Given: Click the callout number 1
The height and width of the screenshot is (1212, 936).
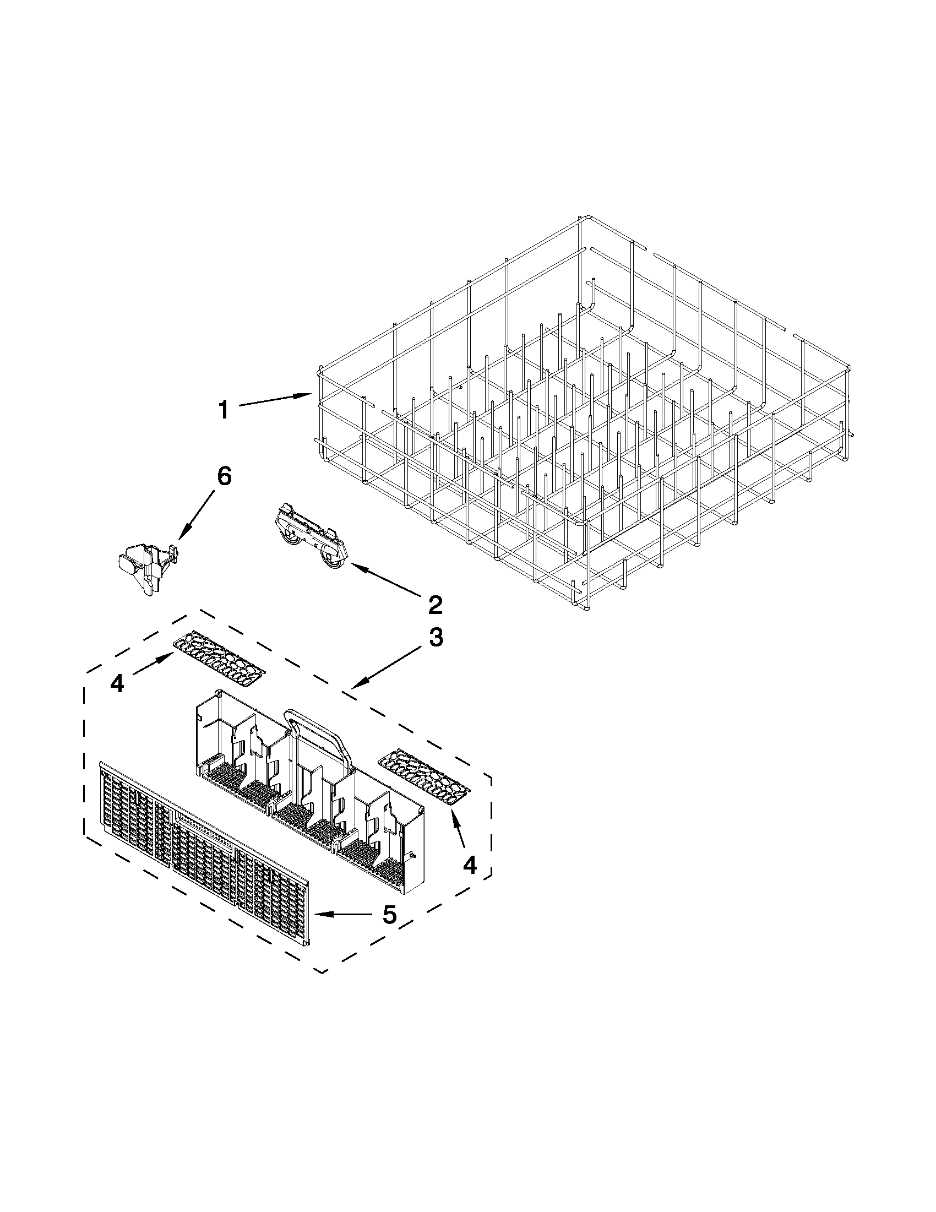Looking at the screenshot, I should pos(223,411).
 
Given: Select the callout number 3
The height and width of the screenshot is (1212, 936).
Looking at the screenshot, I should pos(436,638).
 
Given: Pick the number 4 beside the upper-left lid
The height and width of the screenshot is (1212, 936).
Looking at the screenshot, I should pos(117,684).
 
